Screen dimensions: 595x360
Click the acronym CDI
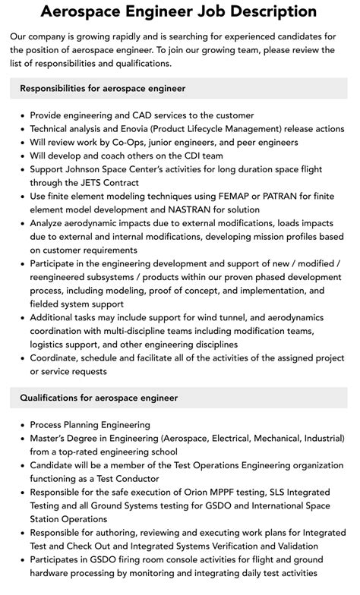(x=188, y=156)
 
